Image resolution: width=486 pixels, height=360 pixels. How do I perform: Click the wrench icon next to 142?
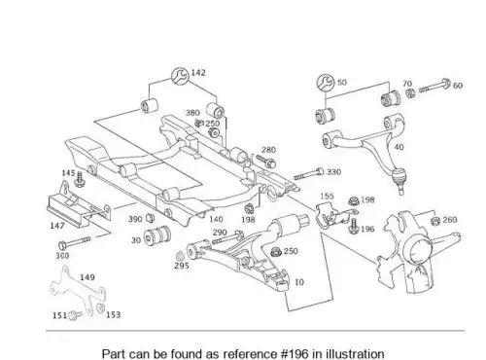click(180, 77)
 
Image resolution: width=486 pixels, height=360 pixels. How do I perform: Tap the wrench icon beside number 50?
click(326, 83)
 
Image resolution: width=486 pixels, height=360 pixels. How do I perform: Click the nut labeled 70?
click(410, 93)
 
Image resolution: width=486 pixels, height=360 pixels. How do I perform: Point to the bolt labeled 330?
click(308, 174)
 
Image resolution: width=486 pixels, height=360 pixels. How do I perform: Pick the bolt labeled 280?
click(266, 161)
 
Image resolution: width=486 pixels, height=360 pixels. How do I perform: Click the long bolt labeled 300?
click(74, 242)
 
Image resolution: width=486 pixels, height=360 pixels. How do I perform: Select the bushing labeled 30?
click(156, 235)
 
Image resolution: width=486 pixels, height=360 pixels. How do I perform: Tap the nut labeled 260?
click(435, 221)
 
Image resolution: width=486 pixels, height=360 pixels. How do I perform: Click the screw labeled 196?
click(354, 226)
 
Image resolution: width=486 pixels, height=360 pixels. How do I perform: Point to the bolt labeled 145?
click(79, 179)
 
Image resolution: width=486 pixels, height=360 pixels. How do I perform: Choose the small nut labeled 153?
click(101, 307)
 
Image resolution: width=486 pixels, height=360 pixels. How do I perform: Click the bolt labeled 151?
click(76, 314)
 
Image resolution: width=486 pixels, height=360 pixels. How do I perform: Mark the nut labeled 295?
click(179, 257)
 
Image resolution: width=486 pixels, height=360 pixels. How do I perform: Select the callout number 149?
click(87, 277)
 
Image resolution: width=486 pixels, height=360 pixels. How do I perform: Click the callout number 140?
click(216, 219)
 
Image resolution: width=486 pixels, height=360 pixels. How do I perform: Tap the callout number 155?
click(327, 196)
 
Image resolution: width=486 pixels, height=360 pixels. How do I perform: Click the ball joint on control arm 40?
click(399, 179)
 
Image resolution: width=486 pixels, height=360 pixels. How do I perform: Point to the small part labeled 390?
click(150, 218)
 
